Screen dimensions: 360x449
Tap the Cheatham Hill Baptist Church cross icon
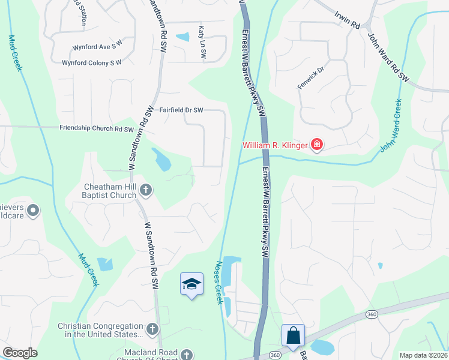pos(146,191)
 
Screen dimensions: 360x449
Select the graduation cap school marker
pos(191,284)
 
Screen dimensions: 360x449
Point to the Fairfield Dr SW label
pos(181,110)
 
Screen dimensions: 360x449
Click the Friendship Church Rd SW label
pos(97,128)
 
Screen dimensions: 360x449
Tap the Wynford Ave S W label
pos(97,46)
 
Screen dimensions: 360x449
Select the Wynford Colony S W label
pos(92,62)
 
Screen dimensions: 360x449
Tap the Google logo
pos(20,353)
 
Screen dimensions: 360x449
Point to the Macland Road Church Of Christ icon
pos(187,355)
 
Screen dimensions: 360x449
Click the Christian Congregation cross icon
pos(152,329)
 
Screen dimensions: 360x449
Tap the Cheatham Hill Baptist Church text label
pos(109,191)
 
